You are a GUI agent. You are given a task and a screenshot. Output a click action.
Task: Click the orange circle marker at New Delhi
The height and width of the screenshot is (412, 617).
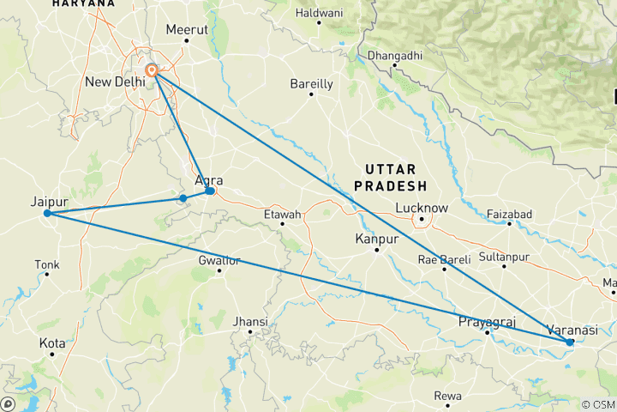tap(151, 70)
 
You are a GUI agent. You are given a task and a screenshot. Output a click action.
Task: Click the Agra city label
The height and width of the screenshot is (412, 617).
tap(209, 180)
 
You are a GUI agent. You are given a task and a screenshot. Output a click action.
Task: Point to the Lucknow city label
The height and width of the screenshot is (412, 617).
tap(422, 208)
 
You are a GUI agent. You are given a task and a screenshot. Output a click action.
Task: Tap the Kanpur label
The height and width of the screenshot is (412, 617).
tap(377, 239)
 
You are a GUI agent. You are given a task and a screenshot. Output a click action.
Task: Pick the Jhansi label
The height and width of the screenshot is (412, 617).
tap(250, 322)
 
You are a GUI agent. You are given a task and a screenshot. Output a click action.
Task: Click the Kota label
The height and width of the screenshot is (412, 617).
tap(51, 343)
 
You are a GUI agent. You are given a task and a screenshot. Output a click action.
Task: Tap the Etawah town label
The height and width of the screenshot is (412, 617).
tap(283, 214)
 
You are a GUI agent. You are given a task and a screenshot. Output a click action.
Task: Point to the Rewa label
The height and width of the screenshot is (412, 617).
tap(447, 396)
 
